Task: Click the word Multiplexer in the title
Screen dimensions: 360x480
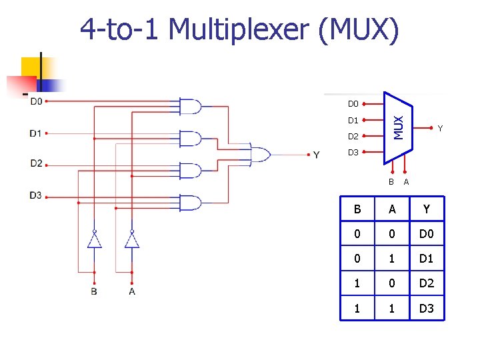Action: click(239, 30)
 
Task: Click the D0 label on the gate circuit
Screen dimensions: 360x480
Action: click(35, 102)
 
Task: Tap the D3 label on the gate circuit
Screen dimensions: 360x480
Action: click(35, 195)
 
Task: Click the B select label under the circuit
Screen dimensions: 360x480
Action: click(94, 291)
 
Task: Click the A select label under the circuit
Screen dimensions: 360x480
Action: click(132, 291)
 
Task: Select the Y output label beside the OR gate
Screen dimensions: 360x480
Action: click(316, 155)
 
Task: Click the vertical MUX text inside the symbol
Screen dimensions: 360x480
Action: click(398, 127)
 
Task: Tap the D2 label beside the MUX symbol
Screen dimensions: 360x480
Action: click(353, 137)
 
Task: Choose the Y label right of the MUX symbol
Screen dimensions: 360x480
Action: click(440, 129)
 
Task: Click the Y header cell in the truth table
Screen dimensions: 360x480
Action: click(427, 209)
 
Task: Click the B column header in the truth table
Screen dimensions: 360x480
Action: click(357, 209)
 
